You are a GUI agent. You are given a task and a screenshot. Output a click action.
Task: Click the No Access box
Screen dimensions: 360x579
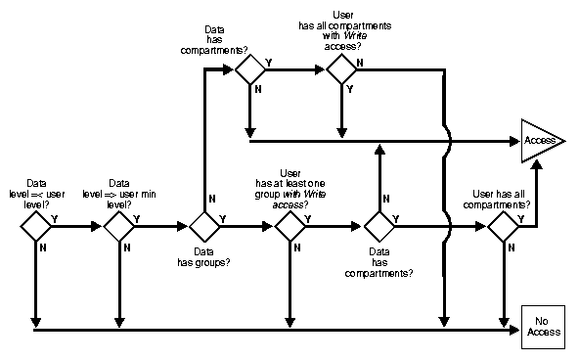(x=543, y=326)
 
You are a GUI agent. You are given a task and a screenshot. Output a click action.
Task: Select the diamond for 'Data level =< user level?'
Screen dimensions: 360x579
(x=35, y=226)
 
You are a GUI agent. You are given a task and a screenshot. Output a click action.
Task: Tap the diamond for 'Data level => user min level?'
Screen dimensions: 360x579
(x=119, y=226)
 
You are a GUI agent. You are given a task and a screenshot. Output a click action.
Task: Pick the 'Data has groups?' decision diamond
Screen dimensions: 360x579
(x=204, y=226)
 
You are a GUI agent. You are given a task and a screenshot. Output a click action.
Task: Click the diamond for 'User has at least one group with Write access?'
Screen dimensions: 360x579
(x=289, y=226)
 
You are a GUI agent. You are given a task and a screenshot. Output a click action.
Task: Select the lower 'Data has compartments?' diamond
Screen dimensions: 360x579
(x=377, y=226)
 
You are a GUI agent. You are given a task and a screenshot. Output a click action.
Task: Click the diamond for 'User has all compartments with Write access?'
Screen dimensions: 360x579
(x=340, y=69)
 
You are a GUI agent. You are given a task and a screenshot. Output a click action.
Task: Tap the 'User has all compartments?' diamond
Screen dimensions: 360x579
(x=503, y=226)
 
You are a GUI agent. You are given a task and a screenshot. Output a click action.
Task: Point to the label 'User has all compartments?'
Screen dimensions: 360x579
(x=501, y=199)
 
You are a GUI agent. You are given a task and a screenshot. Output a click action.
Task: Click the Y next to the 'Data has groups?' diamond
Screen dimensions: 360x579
(x=224, y=219)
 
